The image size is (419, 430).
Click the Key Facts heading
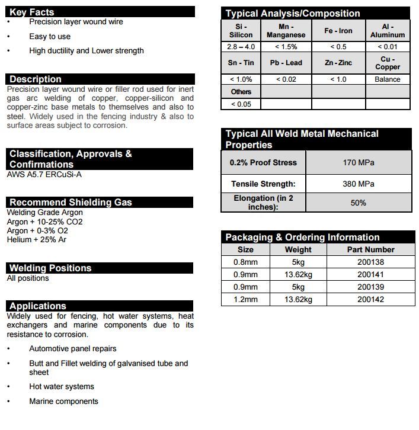(x=32, y=12)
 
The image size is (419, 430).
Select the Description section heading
(x=36, y=79)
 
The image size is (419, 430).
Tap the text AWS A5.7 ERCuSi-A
(x=44, y=175)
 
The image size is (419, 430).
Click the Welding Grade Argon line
(x=45, y=212)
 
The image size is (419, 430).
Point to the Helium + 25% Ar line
(x=37, y=240)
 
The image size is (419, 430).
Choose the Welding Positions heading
(x=50, y=268)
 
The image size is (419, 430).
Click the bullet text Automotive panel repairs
(x=73, y=349)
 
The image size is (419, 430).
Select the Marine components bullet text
(x=64, y=402)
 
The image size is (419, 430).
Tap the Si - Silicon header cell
(x=241, y=30)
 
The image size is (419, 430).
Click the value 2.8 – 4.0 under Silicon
(x=241, y=47)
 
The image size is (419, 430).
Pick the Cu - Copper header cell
(x=388, y=63)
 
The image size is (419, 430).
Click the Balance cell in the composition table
(x=388, y=79)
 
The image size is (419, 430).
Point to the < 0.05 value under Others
(x=241, y=104)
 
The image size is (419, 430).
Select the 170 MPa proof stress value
(x=359, y=162)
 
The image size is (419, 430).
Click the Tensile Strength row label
(x=263, y=184)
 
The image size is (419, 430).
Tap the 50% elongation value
(x=359, y=203)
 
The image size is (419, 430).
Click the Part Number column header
(x=370, y=250)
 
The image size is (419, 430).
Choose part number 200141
(x=370, y=275)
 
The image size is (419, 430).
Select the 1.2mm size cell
(x=245, y=300)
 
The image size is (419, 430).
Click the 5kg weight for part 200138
(x=298, y=262)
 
